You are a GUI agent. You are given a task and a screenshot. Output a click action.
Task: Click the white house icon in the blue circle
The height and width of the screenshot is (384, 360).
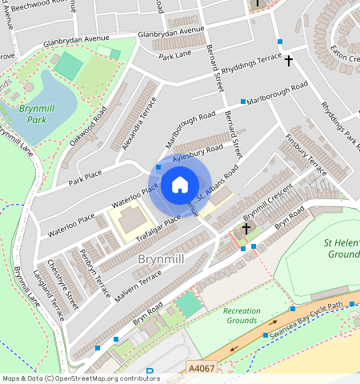click(180, 186)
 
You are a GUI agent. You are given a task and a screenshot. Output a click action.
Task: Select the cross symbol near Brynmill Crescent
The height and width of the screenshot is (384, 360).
click(246, 229)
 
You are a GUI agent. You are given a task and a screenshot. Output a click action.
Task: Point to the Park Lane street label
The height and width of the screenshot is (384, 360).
click(175, 55)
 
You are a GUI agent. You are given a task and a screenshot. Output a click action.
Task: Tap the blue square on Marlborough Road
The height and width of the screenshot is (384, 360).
click(243, 102)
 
